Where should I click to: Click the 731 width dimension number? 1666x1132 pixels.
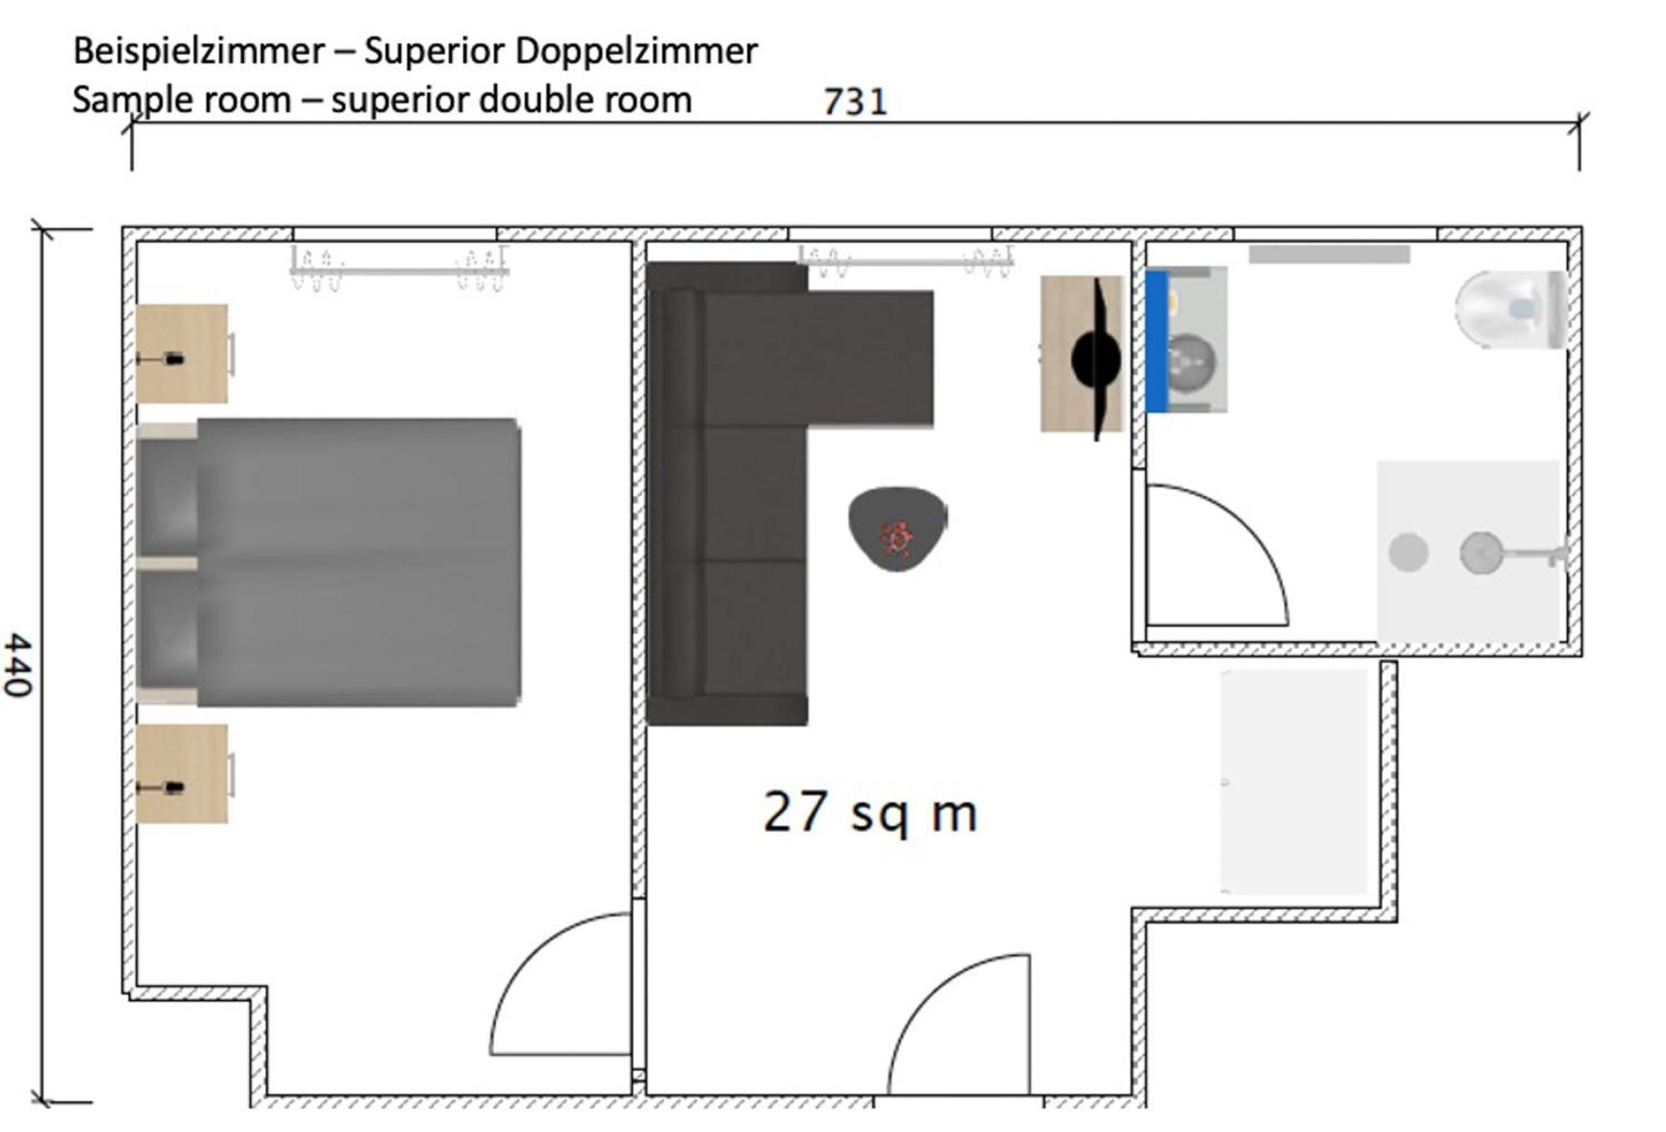855,102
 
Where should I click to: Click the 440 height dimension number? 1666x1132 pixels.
17,665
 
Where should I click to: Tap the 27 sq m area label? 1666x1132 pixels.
870,812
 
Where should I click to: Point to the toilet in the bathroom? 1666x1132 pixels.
1511,309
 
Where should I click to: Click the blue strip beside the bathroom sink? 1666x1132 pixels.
1157,342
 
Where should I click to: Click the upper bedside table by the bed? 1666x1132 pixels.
182,354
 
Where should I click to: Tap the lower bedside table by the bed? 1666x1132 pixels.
182,773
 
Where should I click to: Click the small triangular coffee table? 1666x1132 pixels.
898,529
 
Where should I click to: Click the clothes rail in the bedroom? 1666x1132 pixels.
399,270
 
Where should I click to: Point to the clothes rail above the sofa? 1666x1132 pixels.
905,261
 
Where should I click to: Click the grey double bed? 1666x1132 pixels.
328,562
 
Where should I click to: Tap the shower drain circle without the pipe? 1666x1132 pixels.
1408,553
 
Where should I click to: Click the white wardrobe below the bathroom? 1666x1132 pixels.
1294,782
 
